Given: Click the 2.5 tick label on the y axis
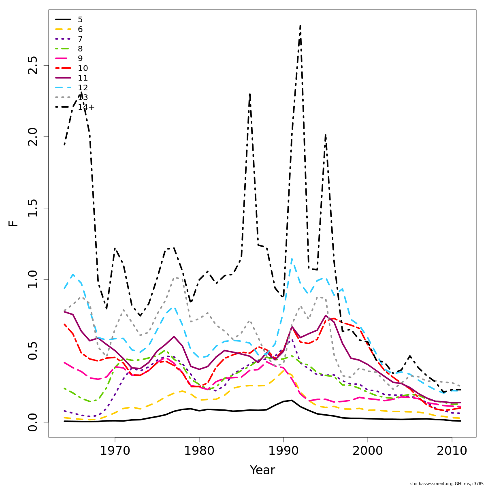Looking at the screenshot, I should pyautogui.click(x=32, y=65).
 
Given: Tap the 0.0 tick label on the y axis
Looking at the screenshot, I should pyautogui.click(x=32, y=422).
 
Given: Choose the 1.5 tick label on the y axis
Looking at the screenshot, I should pyautogui.click(x=32, y=208).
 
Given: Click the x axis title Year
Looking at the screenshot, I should pyautogui.click(x=262, y=470).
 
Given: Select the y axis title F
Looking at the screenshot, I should pyautogui.click(x=14, y=223).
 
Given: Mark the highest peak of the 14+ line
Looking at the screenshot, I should pyautogui.click(x=300, y=26).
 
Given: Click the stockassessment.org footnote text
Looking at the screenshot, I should pyautogui.click(x=447, y=484).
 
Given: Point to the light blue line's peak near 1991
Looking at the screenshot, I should pyautogui.click(x=292, y=258).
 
